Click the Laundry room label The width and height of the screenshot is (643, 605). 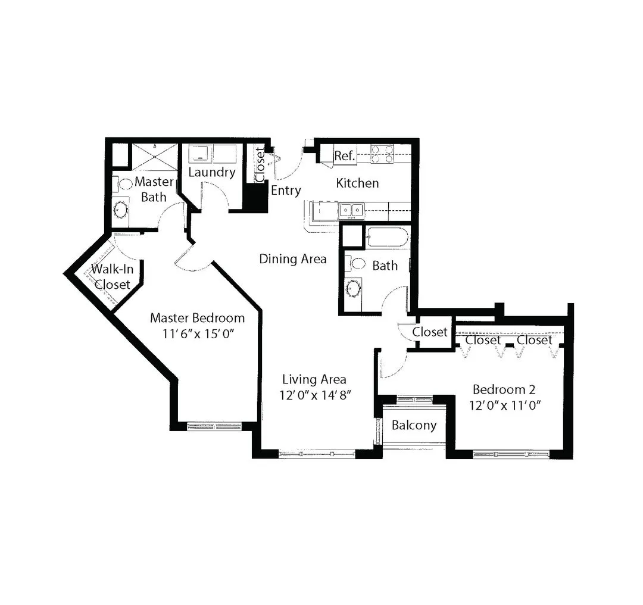211,172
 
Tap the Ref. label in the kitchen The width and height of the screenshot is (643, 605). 344,156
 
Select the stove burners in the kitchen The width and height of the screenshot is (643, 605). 382,154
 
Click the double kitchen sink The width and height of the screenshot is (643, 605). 351,210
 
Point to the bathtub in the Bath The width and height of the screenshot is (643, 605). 388,238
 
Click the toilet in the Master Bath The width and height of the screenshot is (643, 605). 122,184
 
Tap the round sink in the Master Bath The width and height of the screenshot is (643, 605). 121,210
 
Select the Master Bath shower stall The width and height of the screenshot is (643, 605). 154,157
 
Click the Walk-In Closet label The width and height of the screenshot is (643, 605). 112,277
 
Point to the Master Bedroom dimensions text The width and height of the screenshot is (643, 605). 198,334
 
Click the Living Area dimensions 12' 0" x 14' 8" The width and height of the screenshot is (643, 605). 315,395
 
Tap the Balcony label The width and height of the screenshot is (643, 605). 414,425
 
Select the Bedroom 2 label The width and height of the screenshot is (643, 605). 504,389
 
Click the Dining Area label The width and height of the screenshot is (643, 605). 293,259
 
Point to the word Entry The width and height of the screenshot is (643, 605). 286,191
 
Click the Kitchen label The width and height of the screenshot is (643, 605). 357,183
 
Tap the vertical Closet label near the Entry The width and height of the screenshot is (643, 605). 260,165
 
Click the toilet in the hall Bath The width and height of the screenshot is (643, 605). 355,263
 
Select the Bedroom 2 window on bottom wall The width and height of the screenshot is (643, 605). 511,454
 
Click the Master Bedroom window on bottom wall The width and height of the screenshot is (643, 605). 214,426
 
